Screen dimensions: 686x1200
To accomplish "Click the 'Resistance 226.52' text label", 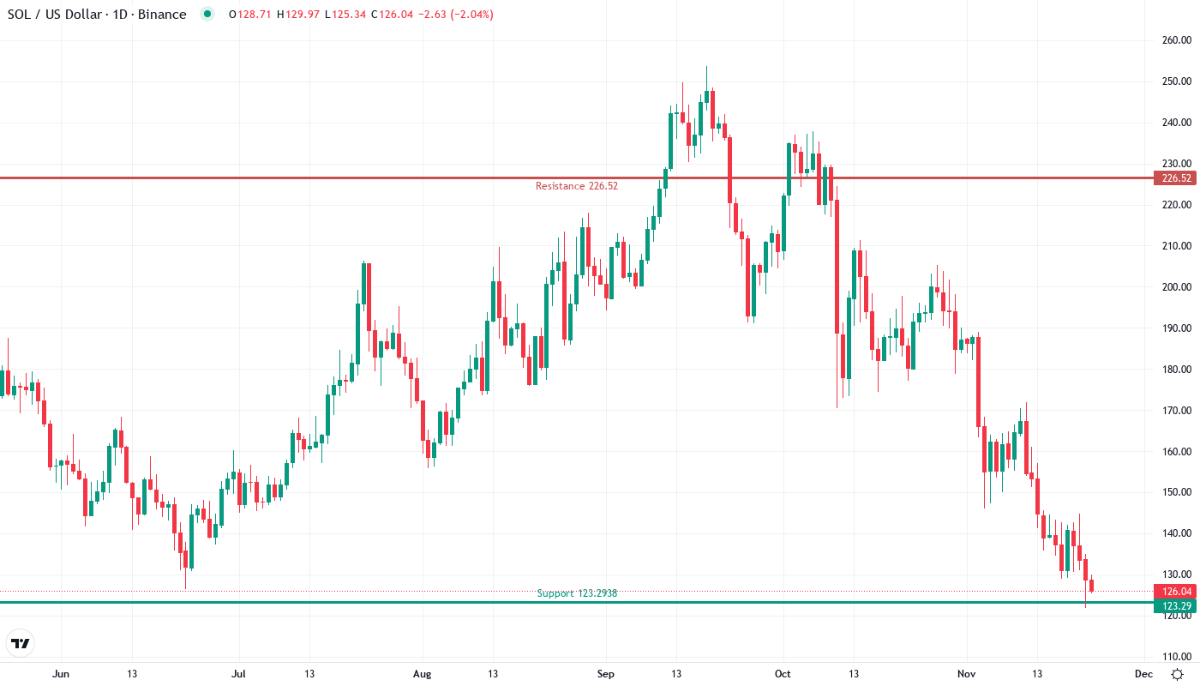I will coord(576,186).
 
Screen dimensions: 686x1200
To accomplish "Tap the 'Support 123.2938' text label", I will coord(577,593).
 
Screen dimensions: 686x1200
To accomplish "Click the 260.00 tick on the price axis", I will coord(1176,40).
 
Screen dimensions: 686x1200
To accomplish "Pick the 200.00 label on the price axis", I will coord(1176,287).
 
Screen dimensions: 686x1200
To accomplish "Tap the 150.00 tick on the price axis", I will coord(1176,493).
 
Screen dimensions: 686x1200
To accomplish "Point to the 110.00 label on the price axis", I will coord(1176,657).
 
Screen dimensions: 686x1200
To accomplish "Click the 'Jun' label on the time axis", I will coord(60,674).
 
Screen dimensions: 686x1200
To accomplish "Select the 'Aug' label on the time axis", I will coord(422,674).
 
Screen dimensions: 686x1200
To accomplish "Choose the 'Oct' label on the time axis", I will coord(782,674).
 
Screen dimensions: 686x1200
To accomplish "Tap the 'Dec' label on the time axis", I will coord(1143,674).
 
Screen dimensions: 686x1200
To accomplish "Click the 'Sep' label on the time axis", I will coord(606,674).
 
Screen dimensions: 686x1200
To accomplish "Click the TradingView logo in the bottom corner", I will coord(21,643).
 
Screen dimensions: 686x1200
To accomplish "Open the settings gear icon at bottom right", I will coord(1179,674).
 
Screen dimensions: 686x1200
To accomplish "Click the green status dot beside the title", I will coord(206,15).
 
